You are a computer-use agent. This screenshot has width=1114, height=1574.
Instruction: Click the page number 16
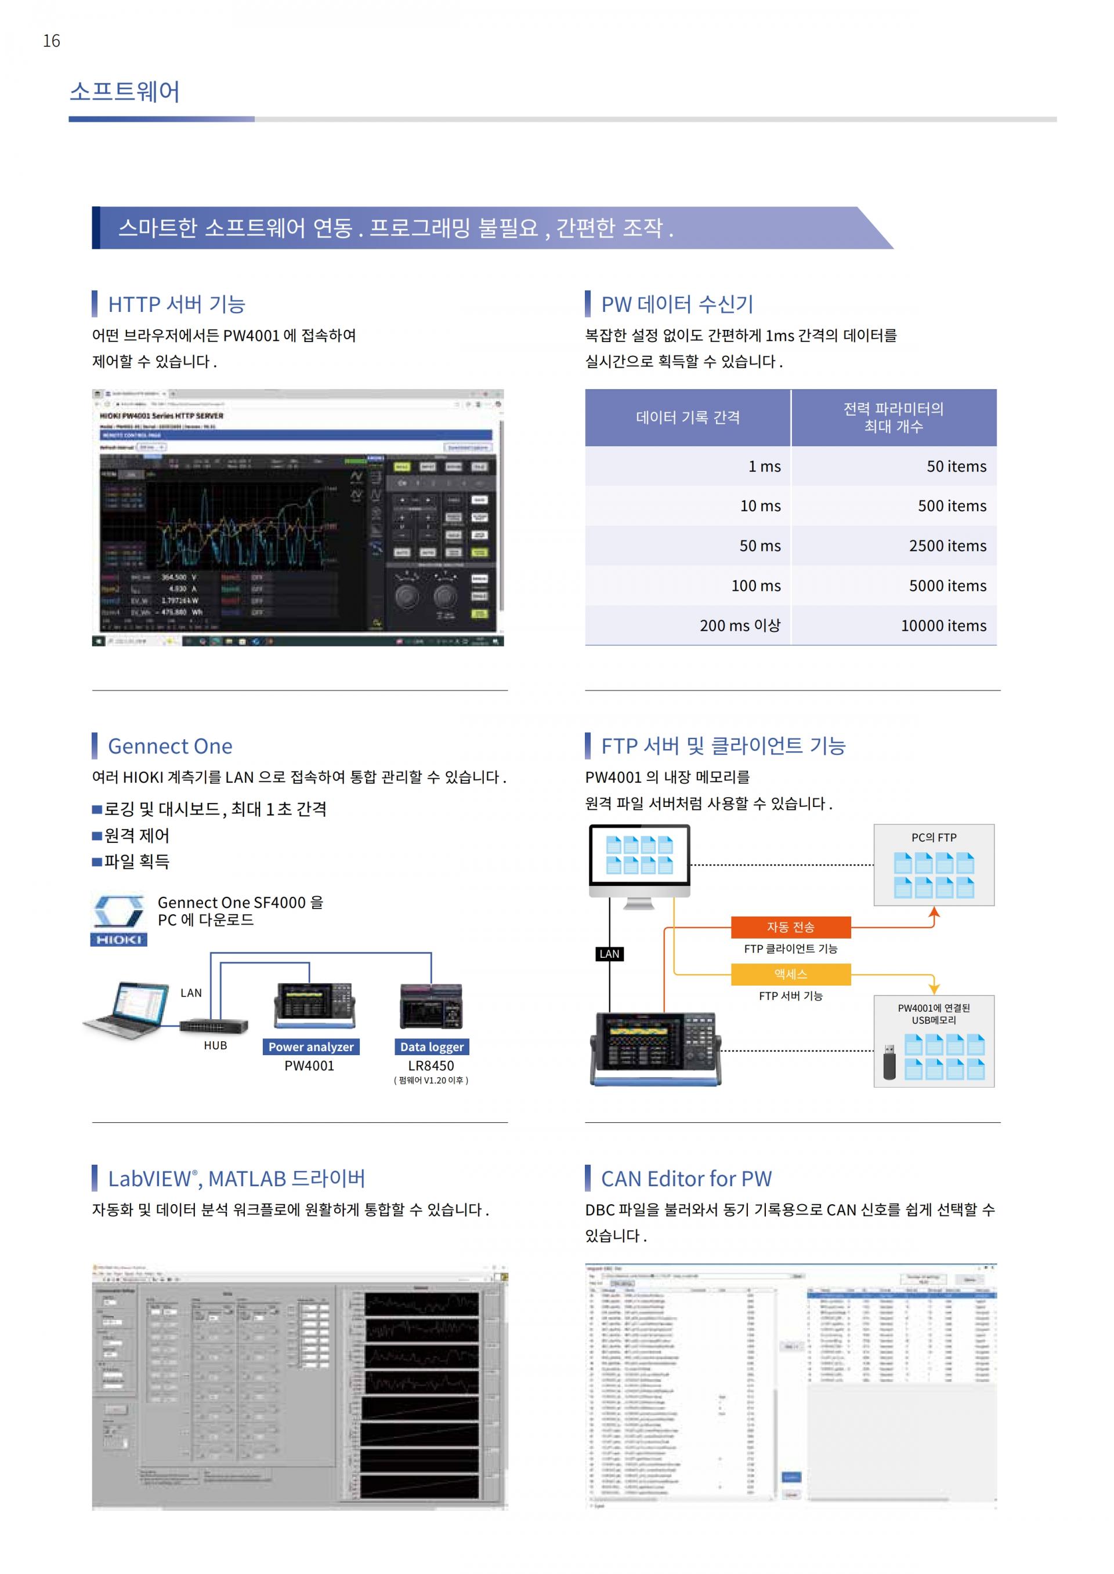[52, 41]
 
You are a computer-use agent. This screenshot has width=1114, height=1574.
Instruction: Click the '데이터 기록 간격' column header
[688, 417]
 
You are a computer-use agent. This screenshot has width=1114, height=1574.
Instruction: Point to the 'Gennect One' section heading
[170, 746]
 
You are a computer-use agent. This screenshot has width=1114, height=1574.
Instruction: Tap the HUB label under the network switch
[215, 1045]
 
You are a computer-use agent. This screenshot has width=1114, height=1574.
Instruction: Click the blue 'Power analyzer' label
[311, 1047]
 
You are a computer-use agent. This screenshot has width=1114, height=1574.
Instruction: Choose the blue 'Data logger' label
[432, 1047]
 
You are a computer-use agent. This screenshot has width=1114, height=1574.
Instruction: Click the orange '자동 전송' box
[790, 927]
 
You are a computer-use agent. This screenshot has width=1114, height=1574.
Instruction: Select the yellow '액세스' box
[790, 974]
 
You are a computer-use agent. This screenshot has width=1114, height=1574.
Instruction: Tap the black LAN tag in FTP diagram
[609, 954]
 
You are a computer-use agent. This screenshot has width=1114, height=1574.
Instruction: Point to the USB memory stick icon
[889, 1062]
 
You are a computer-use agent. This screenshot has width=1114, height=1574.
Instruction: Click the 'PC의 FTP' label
[934, 838]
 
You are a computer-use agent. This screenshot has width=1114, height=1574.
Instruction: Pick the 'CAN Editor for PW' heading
[686, 1179]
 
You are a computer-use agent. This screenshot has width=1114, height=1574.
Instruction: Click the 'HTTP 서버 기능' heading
[176, 304]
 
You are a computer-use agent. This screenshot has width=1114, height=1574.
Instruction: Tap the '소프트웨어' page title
[124, 92]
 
